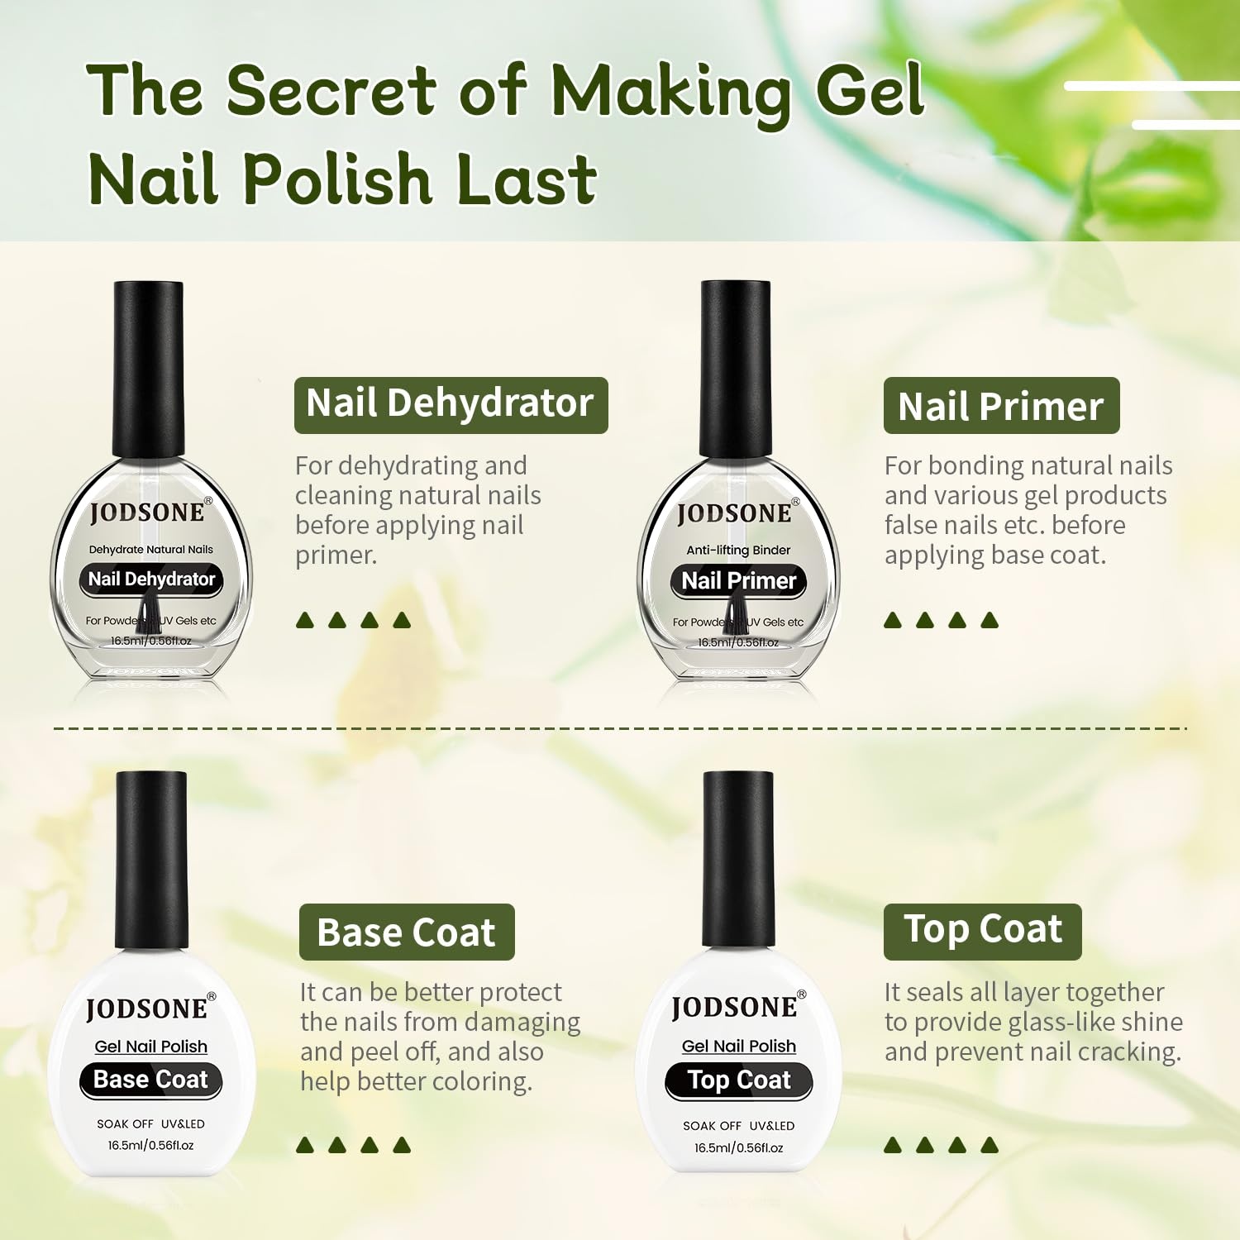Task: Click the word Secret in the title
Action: (331, 89)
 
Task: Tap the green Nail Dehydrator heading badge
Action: (451, 405)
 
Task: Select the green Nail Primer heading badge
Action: (1001, 406)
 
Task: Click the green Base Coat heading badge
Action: (407, 932)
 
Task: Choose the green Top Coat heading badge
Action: (982, 932)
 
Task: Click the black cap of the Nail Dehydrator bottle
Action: (149, 369)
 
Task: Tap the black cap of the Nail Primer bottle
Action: (736, 369)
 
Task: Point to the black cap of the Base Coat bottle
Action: (151, 860)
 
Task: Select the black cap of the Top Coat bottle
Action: (738, 860)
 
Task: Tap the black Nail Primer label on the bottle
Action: (738, 581)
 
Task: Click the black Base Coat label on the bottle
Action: (151, 1080)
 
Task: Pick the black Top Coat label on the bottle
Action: (739, 1081)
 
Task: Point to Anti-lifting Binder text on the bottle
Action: (738, 550)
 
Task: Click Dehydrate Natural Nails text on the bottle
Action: (151, 549)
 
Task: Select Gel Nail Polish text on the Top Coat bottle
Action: (739, 1046)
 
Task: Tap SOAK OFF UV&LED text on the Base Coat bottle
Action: (150, 1124)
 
